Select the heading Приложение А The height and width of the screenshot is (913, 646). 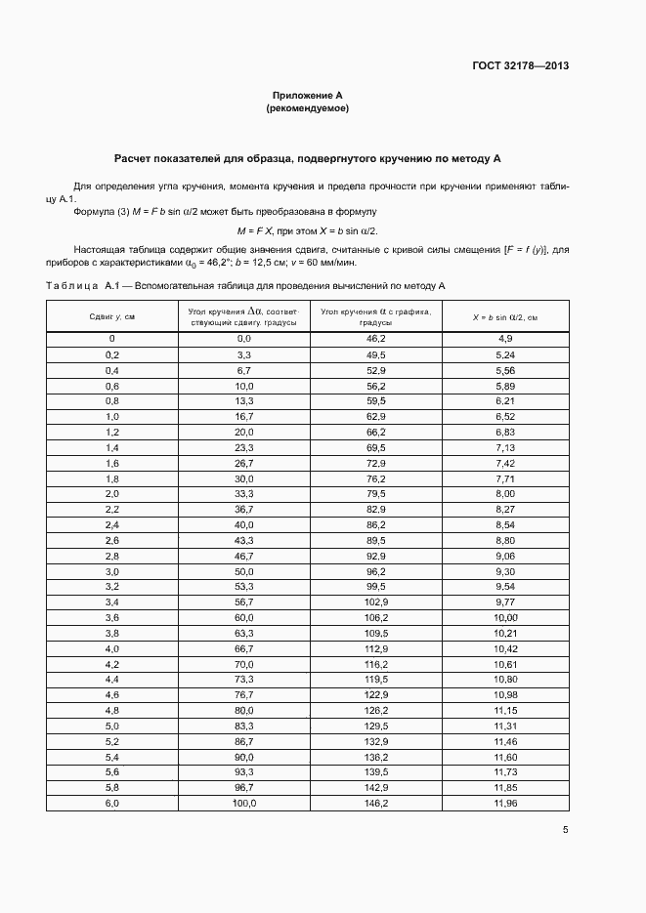coord(307,96)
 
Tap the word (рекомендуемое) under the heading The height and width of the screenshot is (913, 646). coord(307,108)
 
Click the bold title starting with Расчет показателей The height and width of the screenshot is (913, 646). coord(307,157)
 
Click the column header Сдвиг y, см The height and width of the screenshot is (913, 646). coord(111,316)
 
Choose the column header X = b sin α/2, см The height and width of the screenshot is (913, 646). coord(505,316)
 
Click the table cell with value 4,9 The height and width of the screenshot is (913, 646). coord(505,338)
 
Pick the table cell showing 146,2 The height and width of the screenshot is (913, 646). coord(376,803)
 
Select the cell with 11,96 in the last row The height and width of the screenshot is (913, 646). coord(505,803)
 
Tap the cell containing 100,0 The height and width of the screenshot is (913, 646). coord(243,803)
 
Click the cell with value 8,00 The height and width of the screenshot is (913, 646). coord(505,494)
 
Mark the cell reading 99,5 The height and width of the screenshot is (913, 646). coord(376,586)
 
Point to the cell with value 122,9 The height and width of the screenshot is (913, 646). coord(376,694)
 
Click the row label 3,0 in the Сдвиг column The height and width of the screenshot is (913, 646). coord(111,570)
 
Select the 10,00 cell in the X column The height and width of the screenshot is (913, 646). coord(505,617)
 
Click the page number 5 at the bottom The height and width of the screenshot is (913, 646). coord(565,830)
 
